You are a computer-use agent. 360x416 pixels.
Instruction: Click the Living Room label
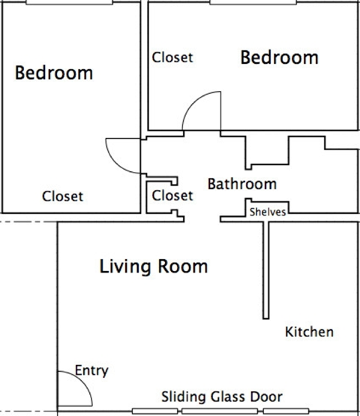[154, 267]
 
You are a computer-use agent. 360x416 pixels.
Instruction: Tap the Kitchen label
[309, 331]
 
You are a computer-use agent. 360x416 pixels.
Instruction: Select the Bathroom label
[241, 184]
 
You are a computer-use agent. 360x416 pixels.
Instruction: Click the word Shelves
[268, 212]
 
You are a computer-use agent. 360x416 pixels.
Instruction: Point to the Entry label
[92, 370]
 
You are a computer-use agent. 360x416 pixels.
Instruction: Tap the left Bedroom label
[54, 73]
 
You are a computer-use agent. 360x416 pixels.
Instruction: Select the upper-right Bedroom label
[279, 57]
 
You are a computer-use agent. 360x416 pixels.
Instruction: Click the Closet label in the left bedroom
[62, 197]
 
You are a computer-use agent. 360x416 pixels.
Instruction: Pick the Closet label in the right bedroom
[172, 57]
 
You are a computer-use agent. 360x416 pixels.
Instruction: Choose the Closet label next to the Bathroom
[172, 195]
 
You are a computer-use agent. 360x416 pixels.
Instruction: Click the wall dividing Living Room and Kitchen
[265, 270]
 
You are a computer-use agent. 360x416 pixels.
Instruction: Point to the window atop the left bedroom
[69, 2]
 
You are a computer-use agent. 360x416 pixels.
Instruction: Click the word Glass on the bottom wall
[212, 396]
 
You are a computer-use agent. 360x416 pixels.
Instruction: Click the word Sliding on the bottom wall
[179, 396]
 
